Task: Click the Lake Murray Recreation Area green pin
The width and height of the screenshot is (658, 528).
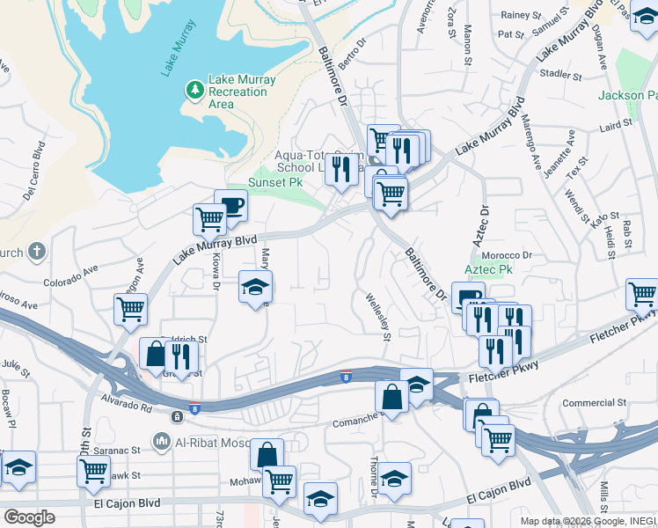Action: pos(194,90)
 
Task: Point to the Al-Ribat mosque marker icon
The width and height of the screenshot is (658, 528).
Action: pos(161,440)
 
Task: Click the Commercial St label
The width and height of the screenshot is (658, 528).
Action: pos(594,403)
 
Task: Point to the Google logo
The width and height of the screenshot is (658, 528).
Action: pos(29,517)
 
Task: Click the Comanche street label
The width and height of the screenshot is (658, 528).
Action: pos(355,422)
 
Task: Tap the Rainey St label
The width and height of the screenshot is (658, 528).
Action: pos(520,15)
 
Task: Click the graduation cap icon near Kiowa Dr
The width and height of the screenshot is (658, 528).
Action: pos(256,286)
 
